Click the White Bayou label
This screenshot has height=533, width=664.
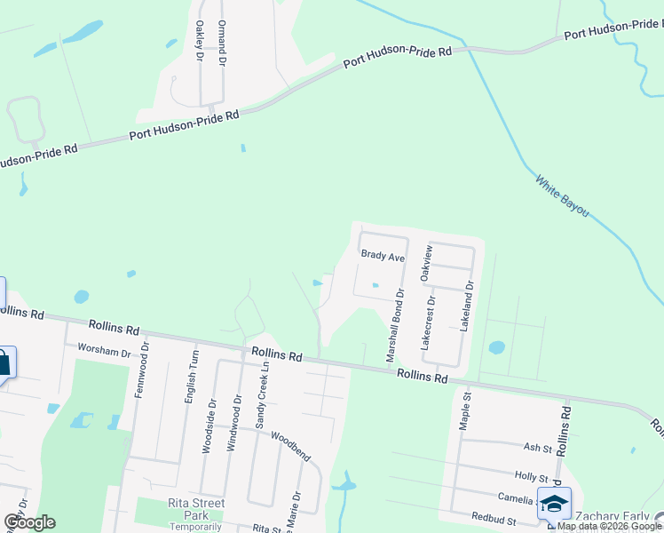coord(562,197)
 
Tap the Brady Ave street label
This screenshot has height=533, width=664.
coord(383,257)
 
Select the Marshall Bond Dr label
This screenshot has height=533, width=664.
coord(394,323)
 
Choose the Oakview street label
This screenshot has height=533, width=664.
coord(427,264)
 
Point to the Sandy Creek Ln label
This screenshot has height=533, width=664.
coord(262,395)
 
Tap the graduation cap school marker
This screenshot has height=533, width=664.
coord(554,504)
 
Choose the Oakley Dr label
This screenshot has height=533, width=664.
coord(199,41)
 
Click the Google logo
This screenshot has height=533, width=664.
coord(28,522)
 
